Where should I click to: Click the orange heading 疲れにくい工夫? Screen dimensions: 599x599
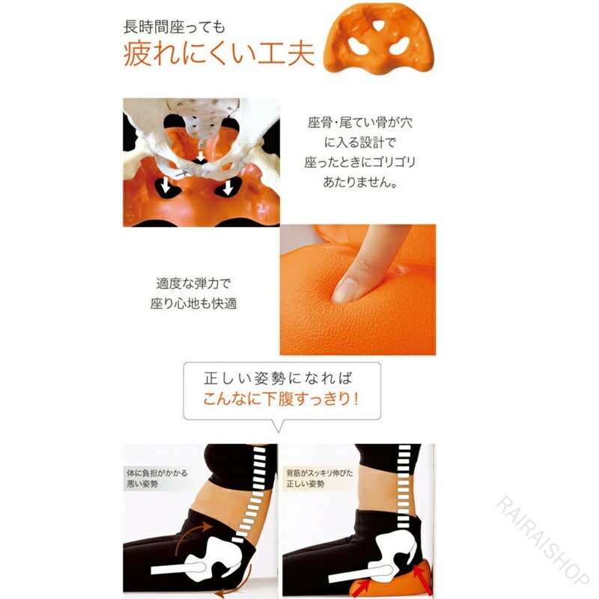click(x=219, y=54)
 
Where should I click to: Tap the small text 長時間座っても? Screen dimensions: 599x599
click(x=174, y=27)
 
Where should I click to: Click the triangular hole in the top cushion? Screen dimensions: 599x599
click(x=379, y=25)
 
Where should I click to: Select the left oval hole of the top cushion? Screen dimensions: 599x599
click(x=359, y=47)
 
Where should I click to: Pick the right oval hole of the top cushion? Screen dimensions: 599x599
click(x=399, y=47)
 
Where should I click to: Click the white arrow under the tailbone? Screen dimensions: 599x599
click(x=201, y=156)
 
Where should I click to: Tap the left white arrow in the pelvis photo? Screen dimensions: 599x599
click(x=165, y=186)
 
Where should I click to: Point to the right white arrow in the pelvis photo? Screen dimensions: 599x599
click(x=228, y=188)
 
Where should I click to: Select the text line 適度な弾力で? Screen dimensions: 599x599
click(x=194, y=284)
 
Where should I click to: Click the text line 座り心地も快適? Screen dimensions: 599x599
click(x=194, y=304)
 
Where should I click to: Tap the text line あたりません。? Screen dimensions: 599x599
click(x=359, y=182)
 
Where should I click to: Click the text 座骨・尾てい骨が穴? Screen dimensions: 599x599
click(x=360, y=123)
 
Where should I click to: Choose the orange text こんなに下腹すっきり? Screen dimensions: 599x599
click(x=281, y=399)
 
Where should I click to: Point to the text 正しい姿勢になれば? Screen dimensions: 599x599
click(x=278, y=378)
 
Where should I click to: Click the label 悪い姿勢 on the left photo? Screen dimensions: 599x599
click(x=142, y=484)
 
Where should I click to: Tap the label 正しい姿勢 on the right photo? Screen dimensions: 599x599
click(x=305, y=484)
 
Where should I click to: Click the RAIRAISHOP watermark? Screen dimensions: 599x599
click(x=542, y=540)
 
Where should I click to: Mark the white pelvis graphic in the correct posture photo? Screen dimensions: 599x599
click(x=394, y=550)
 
